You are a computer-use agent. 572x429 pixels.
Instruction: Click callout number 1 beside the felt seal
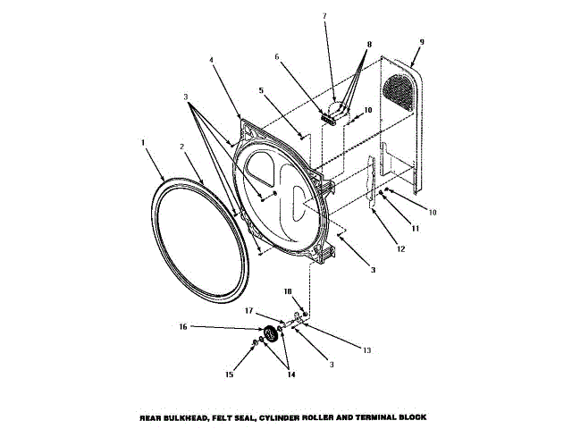point(143,140)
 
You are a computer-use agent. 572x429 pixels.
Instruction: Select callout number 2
point(181,147)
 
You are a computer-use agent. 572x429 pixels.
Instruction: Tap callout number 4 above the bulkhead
point(211,60)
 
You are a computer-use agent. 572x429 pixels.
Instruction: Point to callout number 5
point(261,89)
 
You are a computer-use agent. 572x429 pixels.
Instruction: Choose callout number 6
point(277,56)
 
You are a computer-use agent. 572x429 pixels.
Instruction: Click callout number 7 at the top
point(324,15)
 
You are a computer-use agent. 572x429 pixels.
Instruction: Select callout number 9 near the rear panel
point(421,41)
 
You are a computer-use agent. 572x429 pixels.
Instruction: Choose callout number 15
point(229,374)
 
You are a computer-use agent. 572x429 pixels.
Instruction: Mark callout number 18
point(288,290)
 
